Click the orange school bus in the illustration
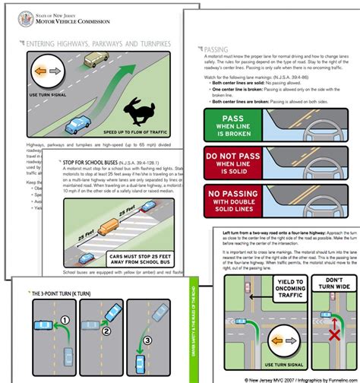coord(111,226)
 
